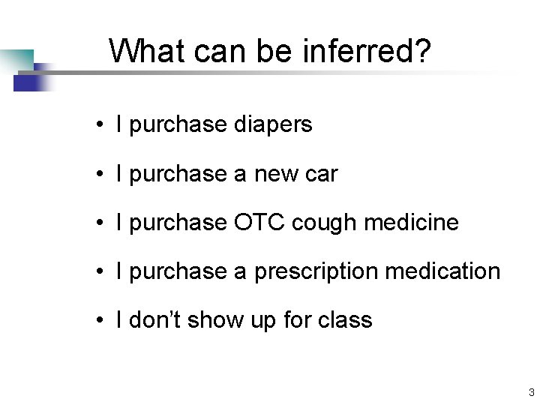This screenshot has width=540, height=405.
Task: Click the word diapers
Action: [273, 124]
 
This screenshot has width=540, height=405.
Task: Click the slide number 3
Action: [531, 392]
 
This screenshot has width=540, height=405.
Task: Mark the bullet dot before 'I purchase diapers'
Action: [99, 125]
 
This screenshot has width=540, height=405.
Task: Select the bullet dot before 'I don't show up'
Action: [99, 321]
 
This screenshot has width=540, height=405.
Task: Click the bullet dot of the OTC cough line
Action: [99, 223]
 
